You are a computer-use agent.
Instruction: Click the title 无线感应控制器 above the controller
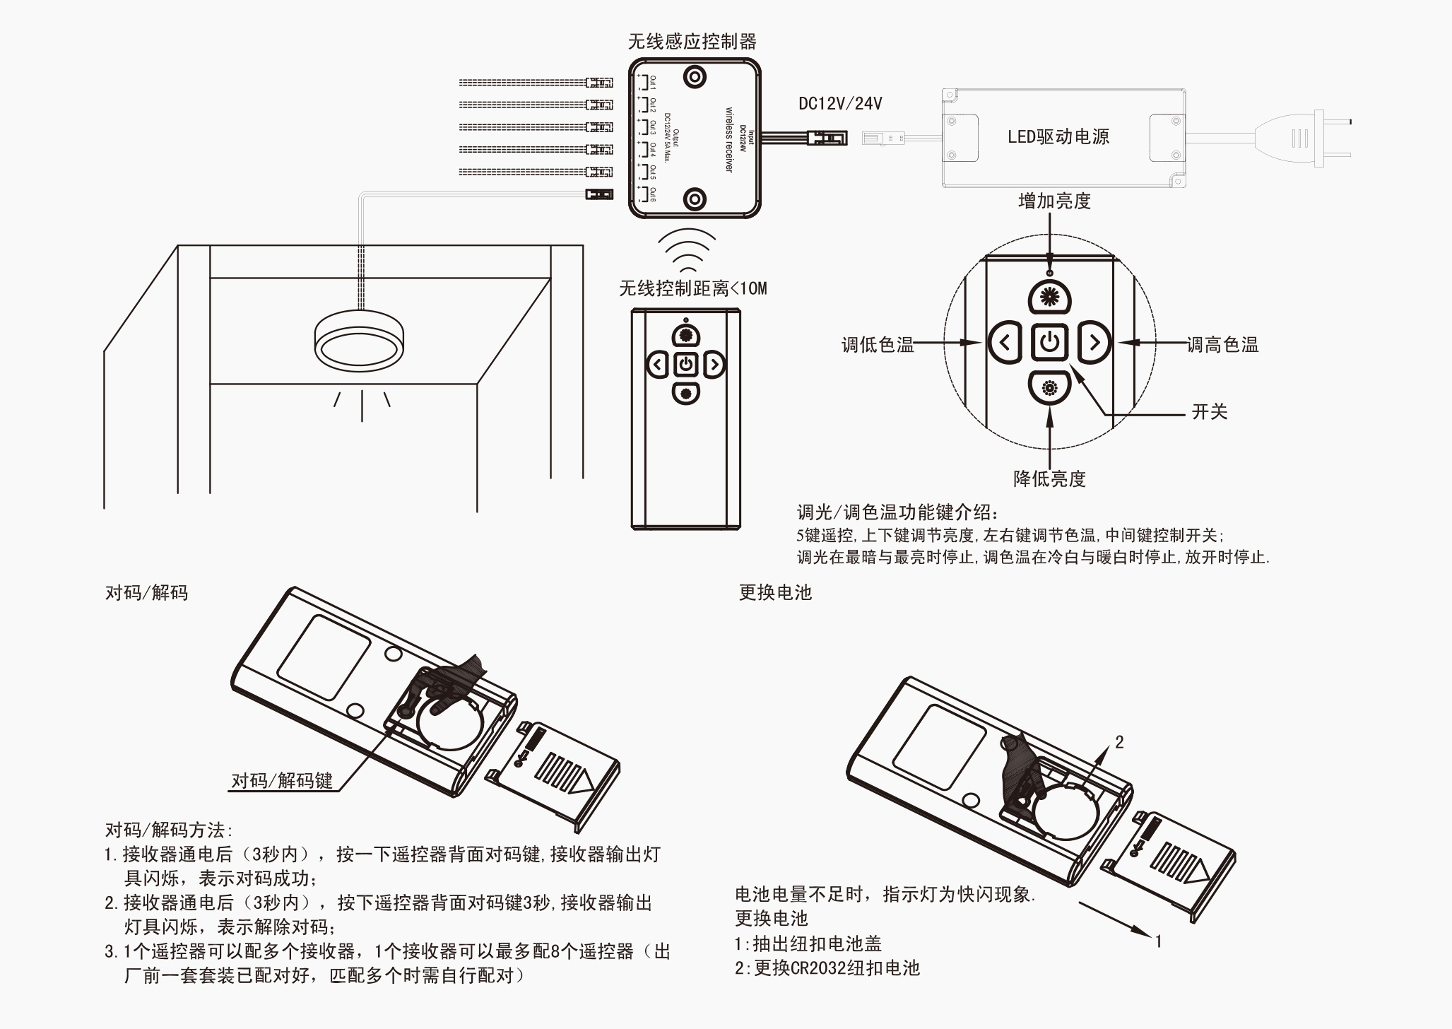[692, 42]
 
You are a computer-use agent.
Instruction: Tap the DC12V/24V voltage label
[840, 104]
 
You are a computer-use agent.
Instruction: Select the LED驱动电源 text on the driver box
[1058, 136]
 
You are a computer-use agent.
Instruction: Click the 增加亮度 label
[1054, 201]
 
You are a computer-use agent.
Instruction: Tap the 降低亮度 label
[1049, 479]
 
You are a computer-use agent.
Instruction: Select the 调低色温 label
[877, 345]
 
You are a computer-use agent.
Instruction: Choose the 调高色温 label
[1222, 345]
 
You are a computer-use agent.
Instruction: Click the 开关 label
[1210, 412]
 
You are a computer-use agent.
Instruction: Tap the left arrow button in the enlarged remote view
[1005, 343]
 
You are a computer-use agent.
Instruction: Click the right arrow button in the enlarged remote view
[1094, 343]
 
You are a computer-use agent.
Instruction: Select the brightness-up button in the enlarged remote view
[1050, 298]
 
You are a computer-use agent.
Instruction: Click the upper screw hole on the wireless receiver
[695, 76]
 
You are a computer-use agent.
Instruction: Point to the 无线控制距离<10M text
[692, 288]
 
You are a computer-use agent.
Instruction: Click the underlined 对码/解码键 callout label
[282, 781]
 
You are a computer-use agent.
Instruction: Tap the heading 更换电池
[775, 592]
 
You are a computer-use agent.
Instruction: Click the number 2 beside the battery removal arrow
[1119, 742]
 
